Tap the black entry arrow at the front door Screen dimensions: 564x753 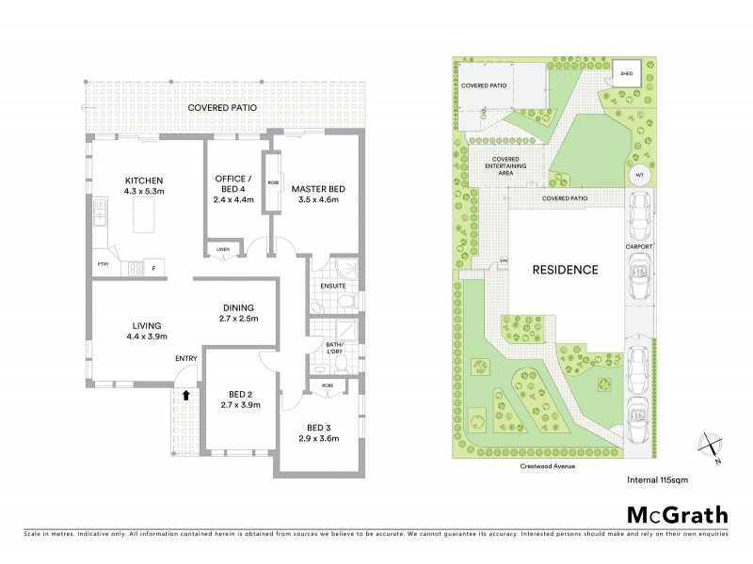tap(185, 397)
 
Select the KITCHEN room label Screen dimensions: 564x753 tap(146, 180)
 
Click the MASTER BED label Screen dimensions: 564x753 tap(317, 189)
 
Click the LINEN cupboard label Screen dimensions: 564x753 tap(223, 248)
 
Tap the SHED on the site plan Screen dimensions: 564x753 tap(626, 72)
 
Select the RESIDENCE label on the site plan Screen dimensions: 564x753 tap(566, 270)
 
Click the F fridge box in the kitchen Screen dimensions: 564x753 tap(152, 270)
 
